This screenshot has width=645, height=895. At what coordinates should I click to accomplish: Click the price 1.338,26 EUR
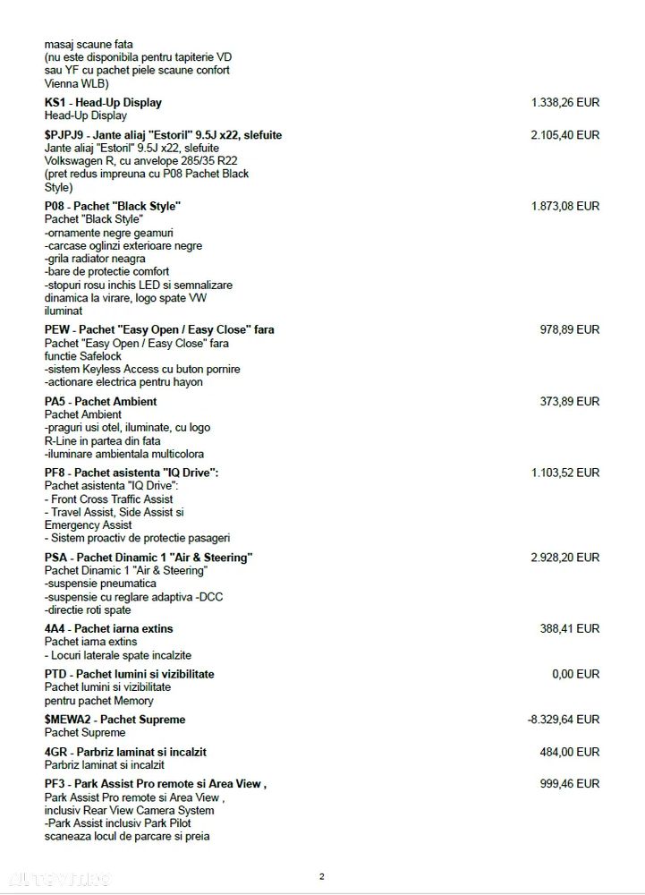565,103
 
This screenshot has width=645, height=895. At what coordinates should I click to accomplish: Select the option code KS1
55,103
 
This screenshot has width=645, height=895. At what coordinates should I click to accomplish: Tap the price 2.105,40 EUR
565,135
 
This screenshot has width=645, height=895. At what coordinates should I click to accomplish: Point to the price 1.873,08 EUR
565,206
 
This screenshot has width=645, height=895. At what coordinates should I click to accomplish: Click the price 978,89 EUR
570,329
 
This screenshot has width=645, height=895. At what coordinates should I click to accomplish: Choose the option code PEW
57,329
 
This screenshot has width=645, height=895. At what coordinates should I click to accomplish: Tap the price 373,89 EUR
570,401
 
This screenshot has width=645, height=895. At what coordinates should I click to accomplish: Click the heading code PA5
55,401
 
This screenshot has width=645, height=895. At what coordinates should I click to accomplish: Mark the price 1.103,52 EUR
565,473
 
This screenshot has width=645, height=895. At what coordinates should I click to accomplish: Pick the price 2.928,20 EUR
565,557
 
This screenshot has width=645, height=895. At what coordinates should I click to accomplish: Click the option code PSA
55,557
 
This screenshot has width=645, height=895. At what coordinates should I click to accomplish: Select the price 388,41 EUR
570,628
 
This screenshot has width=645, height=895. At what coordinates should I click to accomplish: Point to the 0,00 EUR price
575,674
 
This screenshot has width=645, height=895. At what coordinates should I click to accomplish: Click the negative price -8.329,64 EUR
564,720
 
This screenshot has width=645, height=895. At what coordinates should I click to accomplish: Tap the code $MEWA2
68,720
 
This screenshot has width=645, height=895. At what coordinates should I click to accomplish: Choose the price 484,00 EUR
570,752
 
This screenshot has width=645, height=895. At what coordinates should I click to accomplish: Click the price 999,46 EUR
570,783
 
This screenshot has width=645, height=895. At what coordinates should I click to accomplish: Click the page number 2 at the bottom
322,876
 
